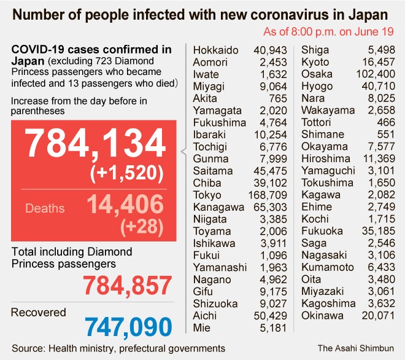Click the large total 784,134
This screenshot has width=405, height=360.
tap(94, 145)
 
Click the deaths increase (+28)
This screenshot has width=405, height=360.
tap(142, 227)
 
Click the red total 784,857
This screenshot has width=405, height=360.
tap(128, 285)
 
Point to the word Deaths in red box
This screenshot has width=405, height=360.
tap(45, 208)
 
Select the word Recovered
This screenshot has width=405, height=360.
tap(38, 312)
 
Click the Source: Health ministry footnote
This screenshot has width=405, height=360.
tap(118, 348)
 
